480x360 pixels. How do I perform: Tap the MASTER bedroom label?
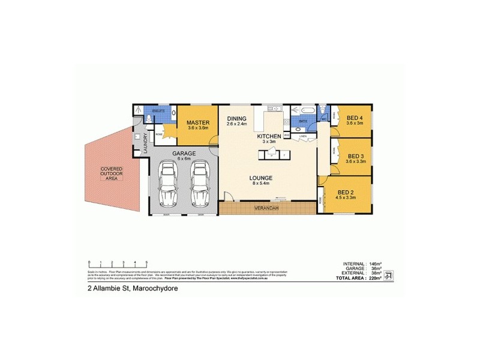pyautogui.click(x=198, y=123)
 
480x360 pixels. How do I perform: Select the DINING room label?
pyautogui.click(x=237, y=119)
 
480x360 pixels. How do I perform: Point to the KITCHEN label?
pyautogui.click(x=269, y=137)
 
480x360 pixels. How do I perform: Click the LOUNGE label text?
pyautogui.click(x=262, y=178)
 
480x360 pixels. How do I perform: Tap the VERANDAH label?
pyautogui.click(x=268, y=209)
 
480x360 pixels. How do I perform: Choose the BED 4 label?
pyautogui.click(x=353, y=118)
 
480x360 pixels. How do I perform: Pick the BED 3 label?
pyautogui.click(x=356, y=155)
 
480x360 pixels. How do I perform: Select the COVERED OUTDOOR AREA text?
pyautogui.click(x=111, y=173)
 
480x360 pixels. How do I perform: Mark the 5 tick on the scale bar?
pyautogui.click(x=146, y=263)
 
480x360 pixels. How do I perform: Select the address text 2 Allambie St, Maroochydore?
pyautogui.click(x=133, y=288)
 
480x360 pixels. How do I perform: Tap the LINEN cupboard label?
pyautogui.click(x=304, y=136)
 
